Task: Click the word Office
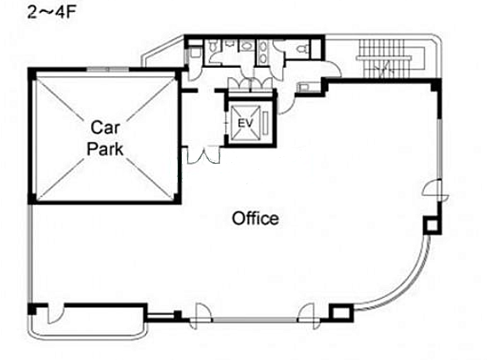(x=255, y=218)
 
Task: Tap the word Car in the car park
(x=105, y=127)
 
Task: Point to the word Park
(x=105, y=149)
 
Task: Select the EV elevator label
(x=246, y=123)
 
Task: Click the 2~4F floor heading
(x=52, y=13)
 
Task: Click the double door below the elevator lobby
(x=203, y=155)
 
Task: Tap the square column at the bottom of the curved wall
(x=341, y=312)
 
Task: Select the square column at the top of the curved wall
(x=432, y=225)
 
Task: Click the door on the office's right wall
(x=435, y=189)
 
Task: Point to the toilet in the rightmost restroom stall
(x=303, y=48)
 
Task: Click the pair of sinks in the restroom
(x=263, y=53)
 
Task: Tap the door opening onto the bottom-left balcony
(x=55, y=313)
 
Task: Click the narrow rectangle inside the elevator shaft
(x=265, y=123)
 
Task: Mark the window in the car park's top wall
(x=107, y=70)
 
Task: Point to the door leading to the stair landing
(x=331, y=70)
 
